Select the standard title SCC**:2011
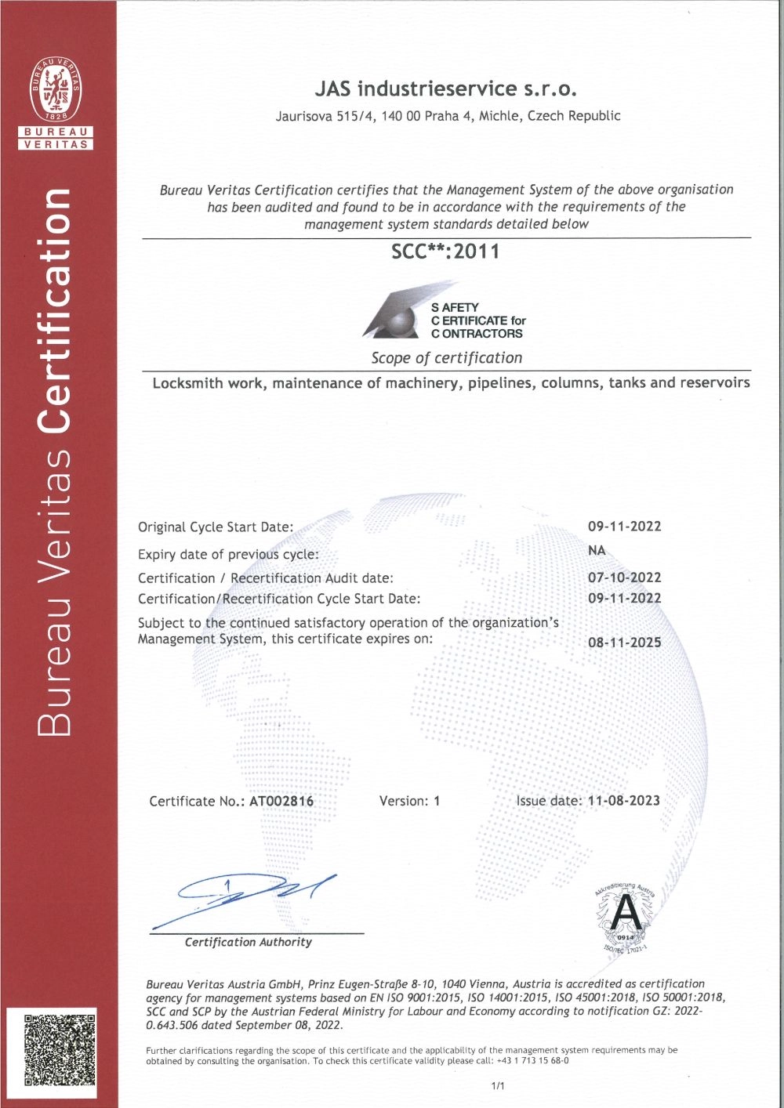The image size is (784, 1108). pos(445,252)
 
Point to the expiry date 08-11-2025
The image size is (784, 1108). pos(624,643)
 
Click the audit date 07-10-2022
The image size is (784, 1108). pos(624,578)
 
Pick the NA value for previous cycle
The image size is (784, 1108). pos(597,550)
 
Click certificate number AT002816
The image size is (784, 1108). pos(281,801)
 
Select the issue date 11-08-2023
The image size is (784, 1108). pos(623,801)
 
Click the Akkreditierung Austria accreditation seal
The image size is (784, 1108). pos(624,915)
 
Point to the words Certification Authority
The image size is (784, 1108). pos(248,942)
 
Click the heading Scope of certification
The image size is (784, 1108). pos(446,358)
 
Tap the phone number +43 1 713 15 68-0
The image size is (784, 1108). pos(532,1061)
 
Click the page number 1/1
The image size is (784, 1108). pos(498,1086)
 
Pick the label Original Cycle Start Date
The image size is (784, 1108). pos(216,527)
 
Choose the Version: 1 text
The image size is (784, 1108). pos(409,801)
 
